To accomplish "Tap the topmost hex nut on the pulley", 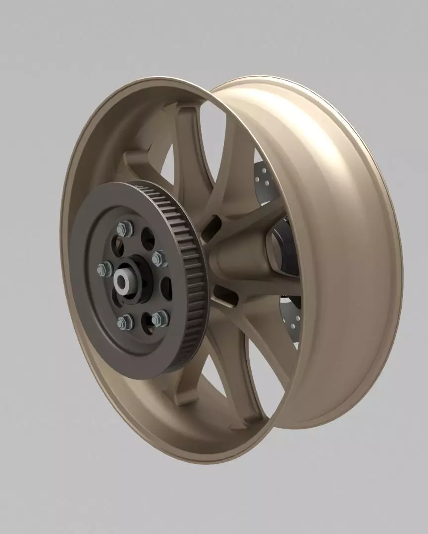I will (x=124, y=229).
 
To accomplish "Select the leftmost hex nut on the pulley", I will (x=105, y=269).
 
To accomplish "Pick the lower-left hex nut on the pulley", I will (x=125, y=322).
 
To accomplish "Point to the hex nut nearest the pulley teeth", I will (x=160, y=258).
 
